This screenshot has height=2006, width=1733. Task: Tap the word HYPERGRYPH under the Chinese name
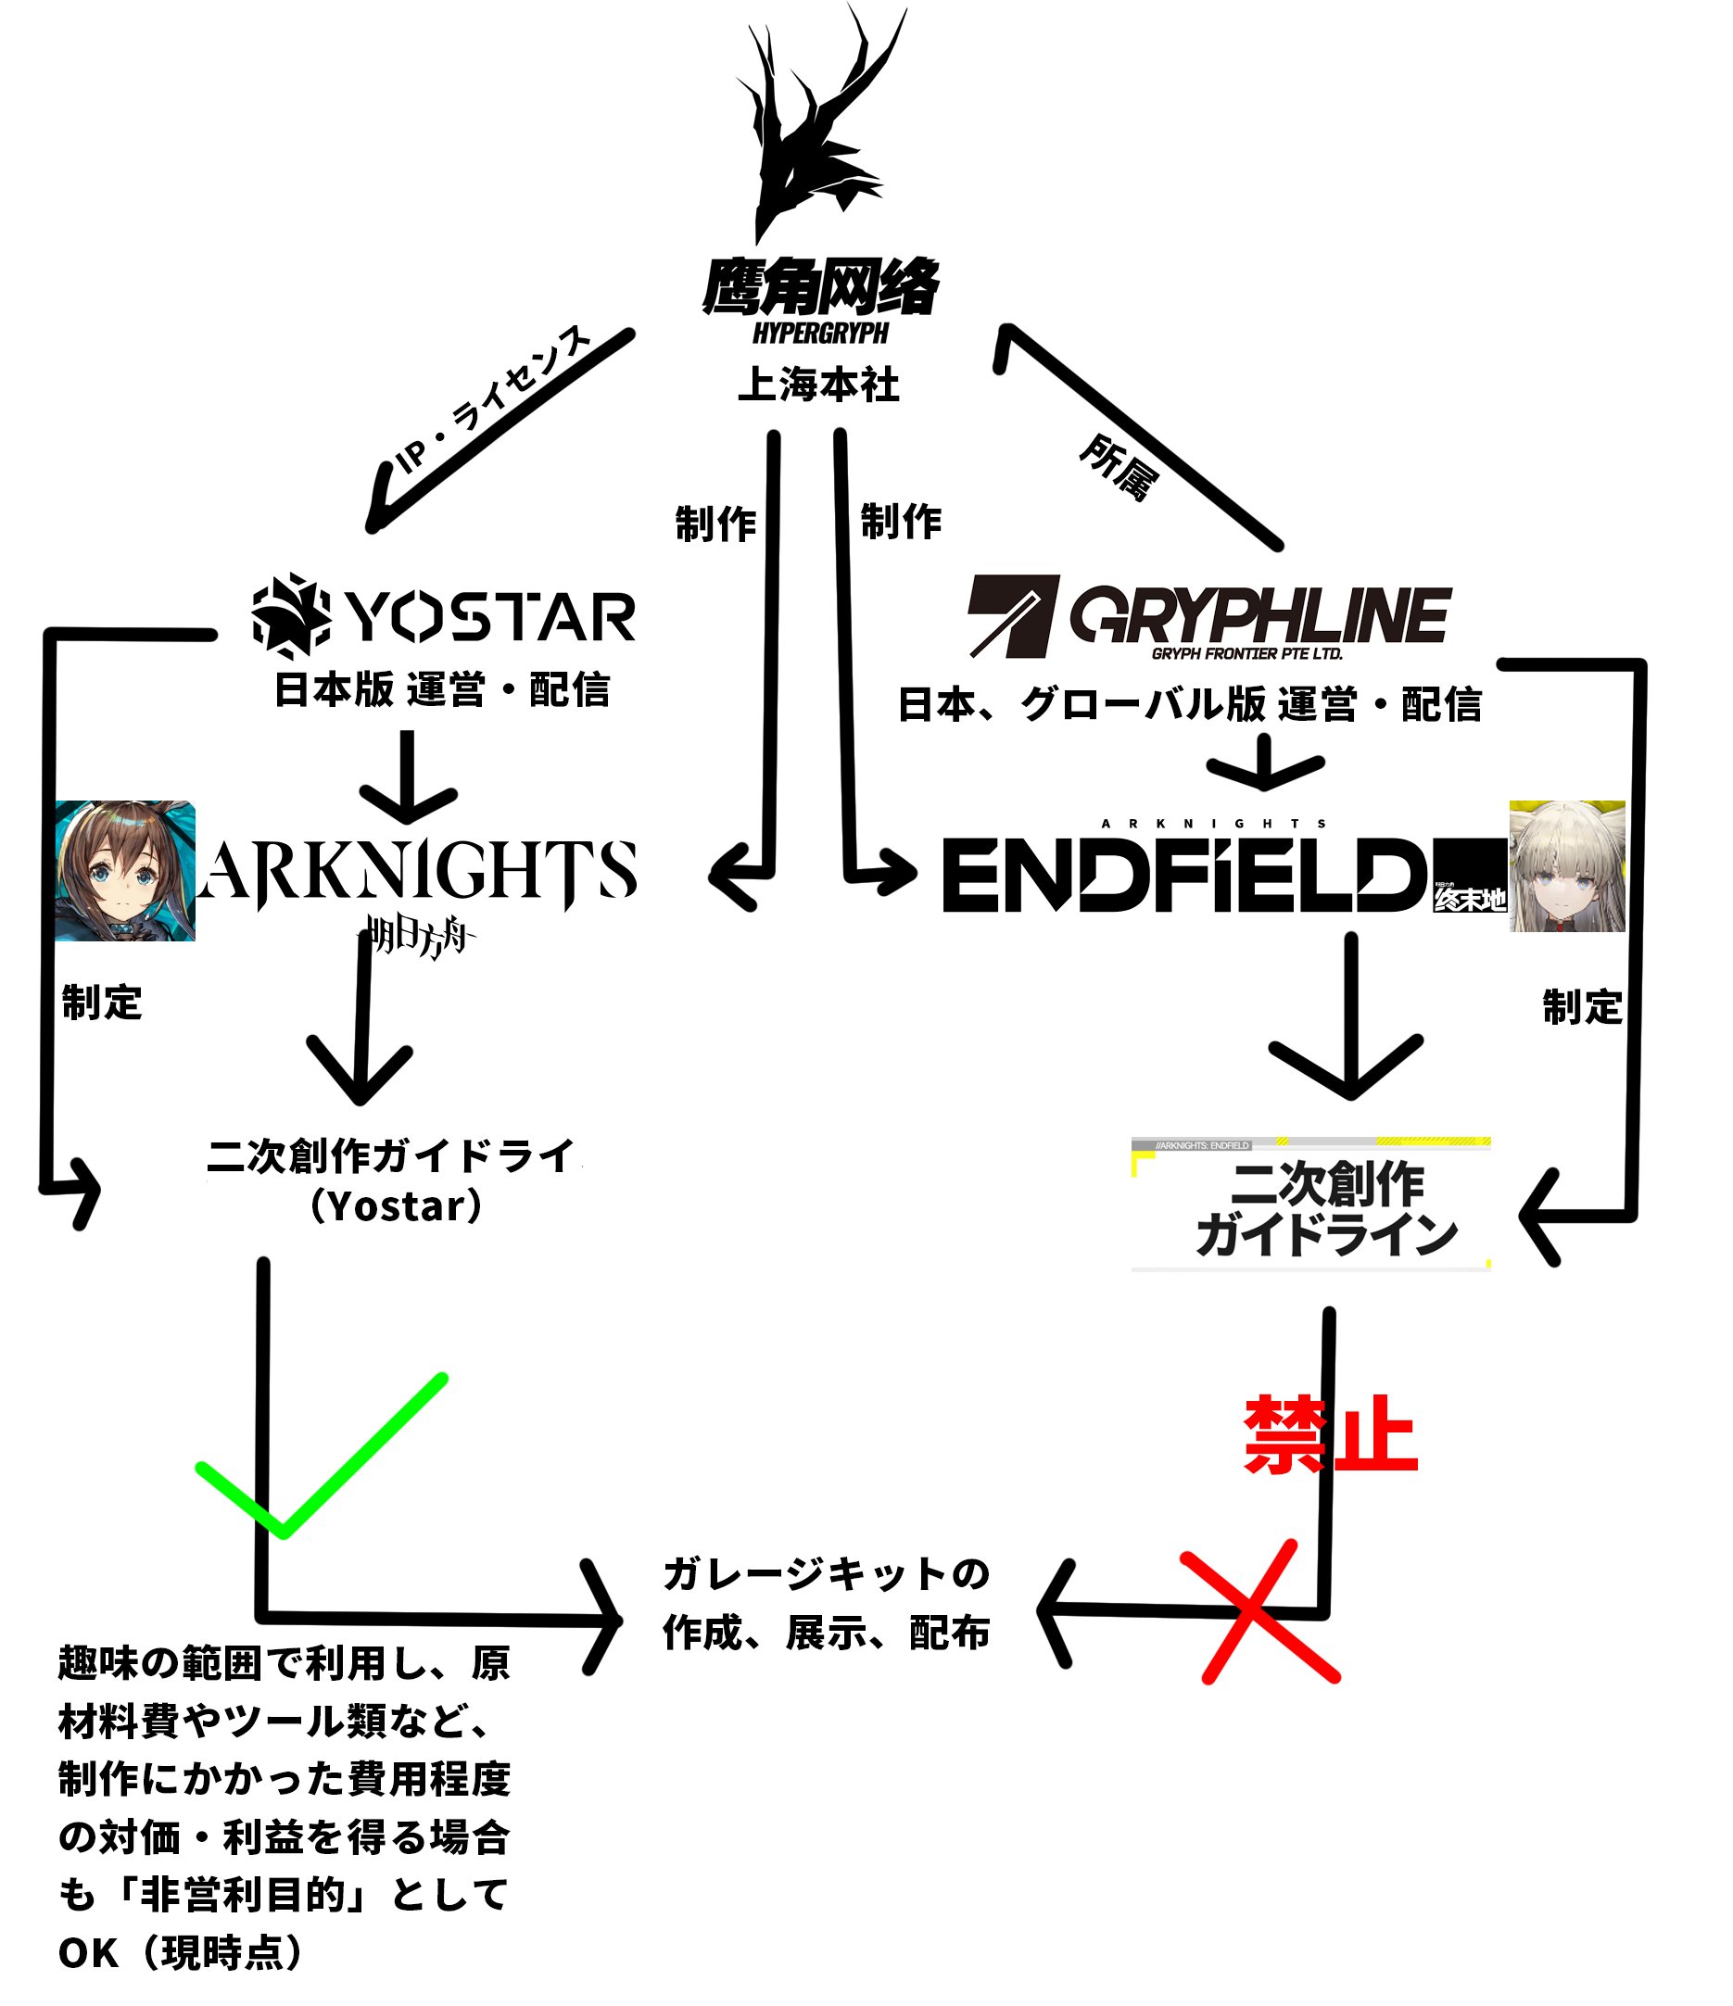821,333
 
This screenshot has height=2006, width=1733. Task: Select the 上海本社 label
819,385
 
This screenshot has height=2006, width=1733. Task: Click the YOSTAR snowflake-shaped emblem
291,617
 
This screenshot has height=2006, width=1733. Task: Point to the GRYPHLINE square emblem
1013,617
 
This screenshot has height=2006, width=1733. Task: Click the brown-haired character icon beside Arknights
125,870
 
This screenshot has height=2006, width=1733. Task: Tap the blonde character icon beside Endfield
1566,866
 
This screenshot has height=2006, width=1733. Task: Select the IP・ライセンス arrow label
494,398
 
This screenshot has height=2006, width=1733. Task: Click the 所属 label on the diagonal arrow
1119,468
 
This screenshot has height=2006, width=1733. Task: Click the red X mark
1259,1612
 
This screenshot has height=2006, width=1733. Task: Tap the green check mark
322,1455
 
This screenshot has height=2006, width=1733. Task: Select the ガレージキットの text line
826,1574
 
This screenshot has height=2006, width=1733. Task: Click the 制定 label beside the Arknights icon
102,1002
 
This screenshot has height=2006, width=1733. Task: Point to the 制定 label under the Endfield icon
1582,1007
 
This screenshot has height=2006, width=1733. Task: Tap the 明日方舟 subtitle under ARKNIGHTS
417,936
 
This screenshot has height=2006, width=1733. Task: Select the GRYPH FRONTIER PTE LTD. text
1247,653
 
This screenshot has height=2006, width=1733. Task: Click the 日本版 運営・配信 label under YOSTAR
442,689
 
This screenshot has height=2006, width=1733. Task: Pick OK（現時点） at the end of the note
181,1953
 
